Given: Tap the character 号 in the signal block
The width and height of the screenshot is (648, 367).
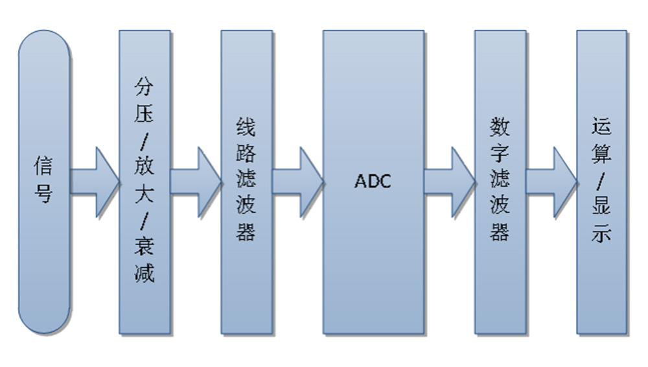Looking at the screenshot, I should pyautogui.click(x=43, y=193).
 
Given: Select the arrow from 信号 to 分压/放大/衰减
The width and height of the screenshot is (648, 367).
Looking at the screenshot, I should pyautogui.click(x=94, y=182).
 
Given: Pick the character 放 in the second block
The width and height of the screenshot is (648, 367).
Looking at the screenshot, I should pyautogui.click(x=145, y=167).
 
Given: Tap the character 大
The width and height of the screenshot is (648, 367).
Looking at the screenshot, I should pyautogui.click(x=145, y=193).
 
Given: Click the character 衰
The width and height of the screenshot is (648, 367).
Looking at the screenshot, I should pyautogui.click(x=145, y=246).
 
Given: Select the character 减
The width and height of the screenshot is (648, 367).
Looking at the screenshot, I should pyautogui.click(x=145, y=272).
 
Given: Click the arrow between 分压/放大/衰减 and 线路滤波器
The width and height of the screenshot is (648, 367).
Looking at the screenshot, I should pyautogui.click(x=196, y=182).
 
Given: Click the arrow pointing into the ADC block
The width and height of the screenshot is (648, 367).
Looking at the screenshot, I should pyautogui.click(x=297, y=182).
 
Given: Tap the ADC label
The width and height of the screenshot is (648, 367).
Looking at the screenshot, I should pyautogui.click(x=373, y=182).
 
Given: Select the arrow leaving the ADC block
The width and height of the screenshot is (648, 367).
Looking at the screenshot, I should pyautogui.click(x=450, y=182).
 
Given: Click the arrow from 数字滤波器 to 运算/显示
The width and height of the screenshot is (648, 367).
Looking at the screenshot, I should pyautogui.click(x=551, y=182).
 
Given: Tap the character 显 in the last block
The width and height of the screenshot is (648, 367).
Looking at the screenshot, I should pyautogui.click(x=602, y=207).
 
